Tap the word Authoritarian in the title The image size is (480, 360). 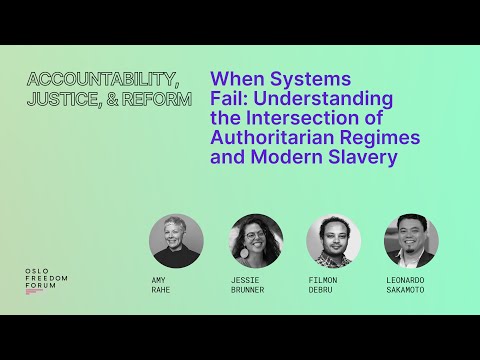[x=274, y=137]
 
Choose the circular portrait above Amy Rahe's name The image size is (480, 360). [x=176, y=241]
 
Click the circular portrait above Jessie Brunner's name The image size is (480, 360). [x=256, y=241]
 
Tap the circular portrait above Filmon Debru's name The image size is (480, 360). [x=333, y=241]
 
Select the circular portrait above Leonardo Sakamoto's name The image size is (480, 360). [x=411, y=241]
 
